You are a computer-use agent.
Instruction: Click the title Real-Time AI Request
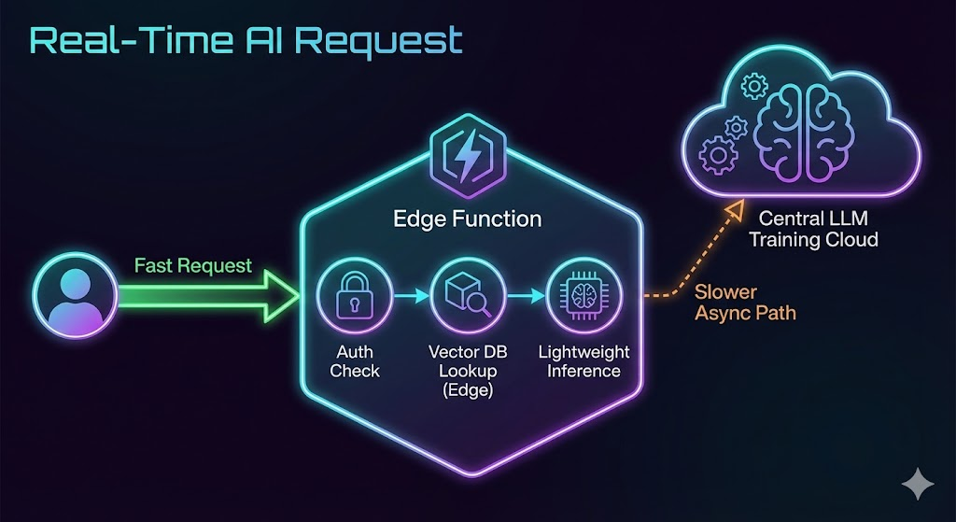246,40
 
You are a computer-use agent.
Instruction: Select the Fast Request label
193,265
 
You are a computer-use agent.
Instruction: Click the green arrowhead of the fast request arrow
279,297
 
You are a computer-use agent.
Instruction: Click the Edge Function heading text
466,219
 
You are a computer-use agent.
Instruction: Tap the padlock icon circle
354,296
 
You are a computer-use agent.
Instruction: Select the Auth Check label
355,361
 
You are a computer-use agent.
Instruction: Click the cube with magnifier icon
466,296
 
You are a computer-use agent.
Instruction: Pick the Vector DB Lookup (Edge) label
466,371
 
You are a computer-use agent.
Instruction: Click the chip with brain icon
579,296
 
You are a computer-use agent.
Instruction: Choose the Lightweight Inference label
583,361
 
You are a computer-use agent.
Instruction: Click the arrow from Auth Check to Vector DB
410,296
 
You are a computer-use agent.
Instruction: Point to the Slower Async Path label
745,303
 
